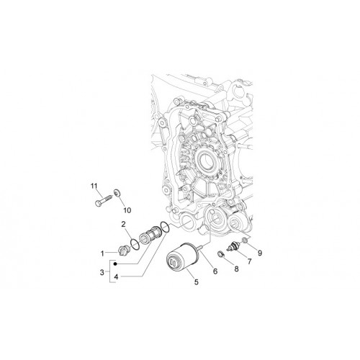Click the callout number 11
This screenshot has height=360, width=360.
[94, 186]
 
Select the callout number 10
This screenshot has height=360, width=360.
[127, 210]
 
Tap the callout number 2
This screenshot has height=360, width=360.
[123, 225]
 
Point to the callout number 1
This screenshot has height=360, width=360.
[102, 253]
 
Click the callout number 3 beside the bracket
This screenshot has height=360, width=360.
[102, 272]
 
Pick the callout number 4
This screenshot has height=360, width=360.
[116, 277]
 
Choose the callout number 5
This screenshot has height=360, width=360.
[197, 282]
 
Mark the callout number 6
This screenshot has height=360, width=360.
[215, 271]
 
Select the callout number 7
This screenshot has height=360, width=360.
[249, 261]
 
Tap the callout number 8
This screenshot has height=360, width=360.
[236, 269]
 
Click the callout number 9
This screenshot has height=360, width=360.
[260, 253]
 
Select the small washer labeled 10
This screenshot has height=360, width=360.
[117, 192]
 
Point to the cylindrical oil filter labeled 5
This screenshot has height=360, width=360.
[183, 257]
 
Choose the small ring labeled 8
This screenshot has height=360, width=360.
[220, 253]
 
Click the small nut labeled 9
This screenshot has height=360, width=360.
[245, 240]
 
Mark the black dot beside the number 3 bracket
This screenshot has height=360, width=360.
[115, 264]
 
